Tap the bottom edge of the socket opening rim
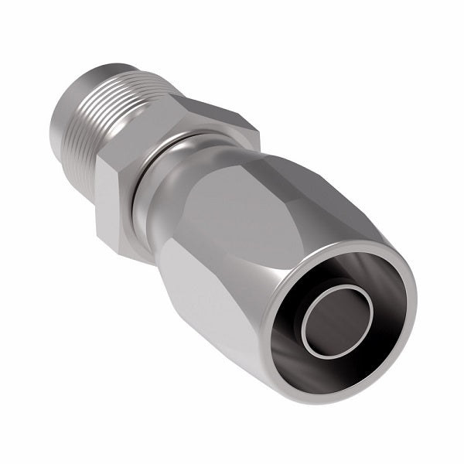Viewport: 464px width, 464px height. tap(325, 387)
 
